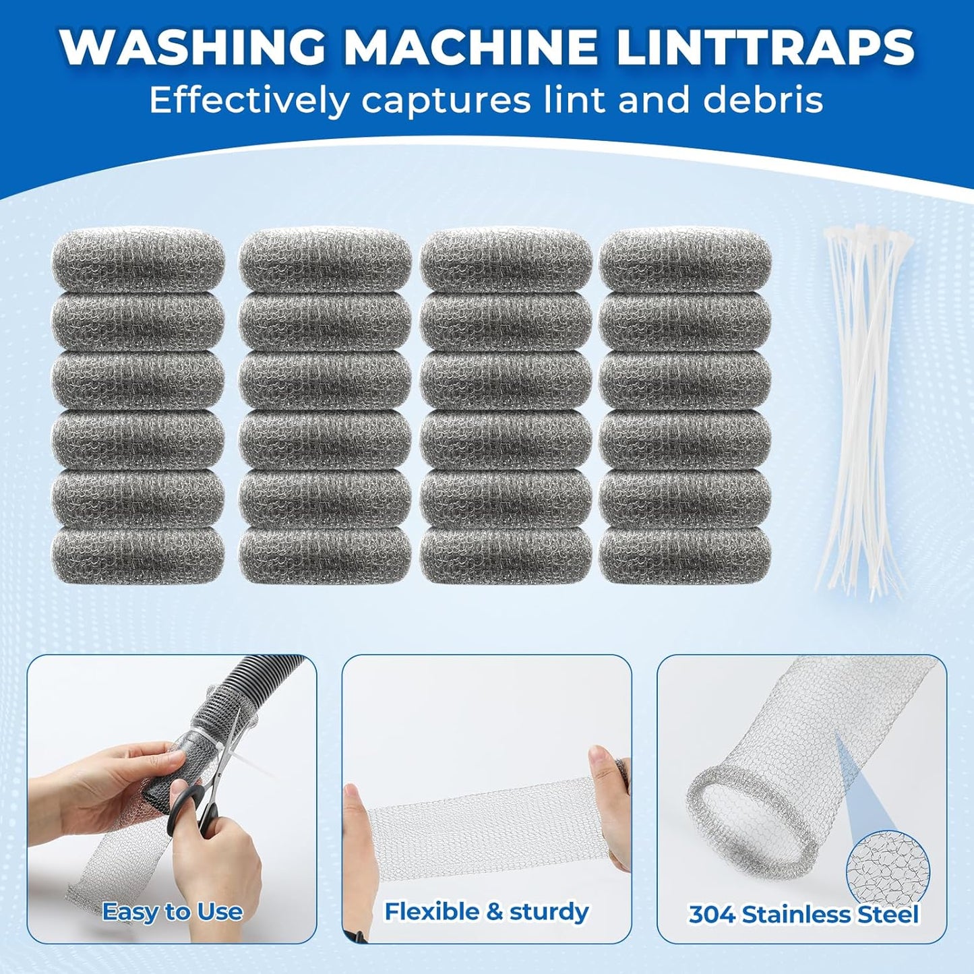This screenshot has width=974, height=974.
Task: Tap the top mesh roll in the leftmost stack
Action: [x=138, y=260]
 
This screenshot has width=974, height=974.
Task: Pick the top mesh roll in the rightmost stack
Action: [x=685, y=260]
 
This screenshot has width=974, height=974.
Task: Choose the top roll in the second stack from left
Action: [x=324, y=260]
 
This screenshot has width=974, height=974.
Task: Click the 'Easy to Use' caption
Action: [x=172, y=912]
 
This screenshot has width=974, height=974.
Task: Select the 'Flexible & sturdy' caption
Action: [x=486, y=911]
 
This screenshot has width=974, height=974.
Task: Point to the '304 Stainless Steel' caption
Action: [x=803, y=915]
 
